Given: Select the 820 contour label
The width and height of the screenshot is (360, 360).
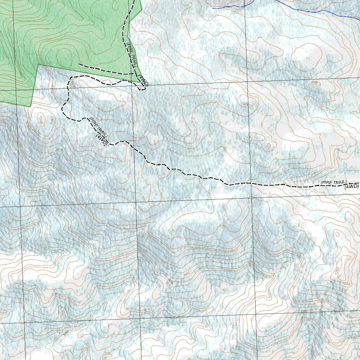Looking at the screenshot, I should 238,347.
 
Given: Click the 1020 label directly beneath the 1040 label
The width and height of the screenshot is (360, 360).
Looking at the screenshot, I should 343,290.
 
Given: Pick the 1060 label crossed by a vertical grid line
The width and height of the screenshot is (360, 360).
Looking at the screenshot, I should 245,104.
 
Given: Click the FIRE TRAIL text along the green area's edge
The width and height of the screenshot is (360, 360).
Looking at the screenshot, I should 132,55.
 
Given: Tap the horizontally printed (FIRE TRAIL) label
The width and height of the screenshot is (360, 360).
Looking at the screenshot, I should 333,182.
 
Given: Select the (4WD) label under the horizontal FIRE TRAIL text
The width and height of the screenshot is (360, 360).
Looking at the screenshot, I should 352,187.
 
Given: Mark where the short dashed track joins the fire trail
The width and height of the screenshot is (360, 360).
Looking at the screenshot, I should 134,73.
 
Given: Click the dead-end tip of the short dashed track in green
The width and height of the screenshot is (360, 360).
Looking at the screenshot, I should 79,64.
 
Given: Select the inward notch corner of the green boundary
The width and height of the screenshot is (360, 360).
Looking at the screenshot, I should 38,65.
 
